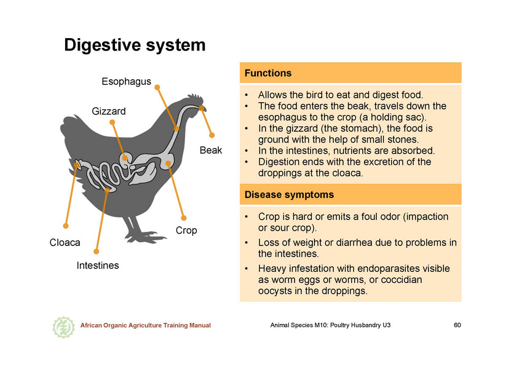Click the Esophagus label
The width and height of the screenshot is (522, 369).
[x=126, y=82]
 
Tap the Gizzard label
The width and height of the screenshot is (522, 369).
[x=109, y=111]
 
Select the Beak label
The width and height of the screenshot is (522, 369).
[x=211, y=150]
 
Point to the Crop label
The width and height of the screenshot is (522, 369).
[x=186, y=231]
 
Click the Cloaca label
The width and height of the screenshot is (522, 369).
[x=65, y=242]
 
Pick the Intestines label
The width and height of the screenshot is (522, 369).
[x=98, y=266]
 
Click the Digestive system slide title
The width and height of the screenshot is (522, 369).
[x=135, y=45]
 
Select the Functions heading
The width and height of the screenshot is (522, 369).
[x=268, y=73]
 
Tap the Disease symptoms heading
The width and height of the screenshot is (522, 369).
[x=289, y=194]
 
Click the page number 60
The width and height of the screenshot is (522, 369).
[x=457, y=325]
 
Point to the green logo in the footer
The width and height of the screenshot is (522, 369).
[x=63, y=327]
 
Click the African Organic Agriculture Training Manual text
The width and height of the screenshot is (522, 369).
[x=146, y=325]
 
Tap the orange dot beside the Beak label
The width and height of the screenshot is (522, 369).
[x=212, y=135]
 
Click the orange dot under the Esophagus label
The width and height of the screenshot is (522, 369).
[x=157, y=87]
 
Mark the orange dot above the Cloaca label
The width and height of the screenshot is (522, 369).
[x=66, y=226]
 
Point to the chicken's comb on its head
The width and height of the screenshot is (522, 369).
[x=196, y=98]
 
